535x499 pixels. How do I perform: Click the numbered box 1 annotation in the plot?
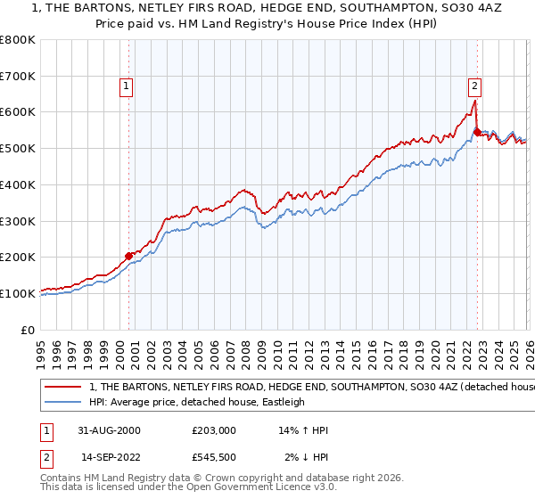(x=127, y=86)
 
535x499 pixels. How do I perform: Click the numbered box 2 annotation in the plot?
(x=474, y=86)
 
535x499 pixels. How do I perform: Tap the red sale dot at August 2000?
(x=129, y=256)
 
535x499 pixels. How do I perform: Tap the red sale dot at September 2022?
(x=477, y=132)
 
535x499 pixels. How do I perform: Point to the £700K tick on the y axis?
(x=20, y=77)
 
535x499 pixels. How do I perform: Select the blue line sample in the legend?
(x=64, y=403)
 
